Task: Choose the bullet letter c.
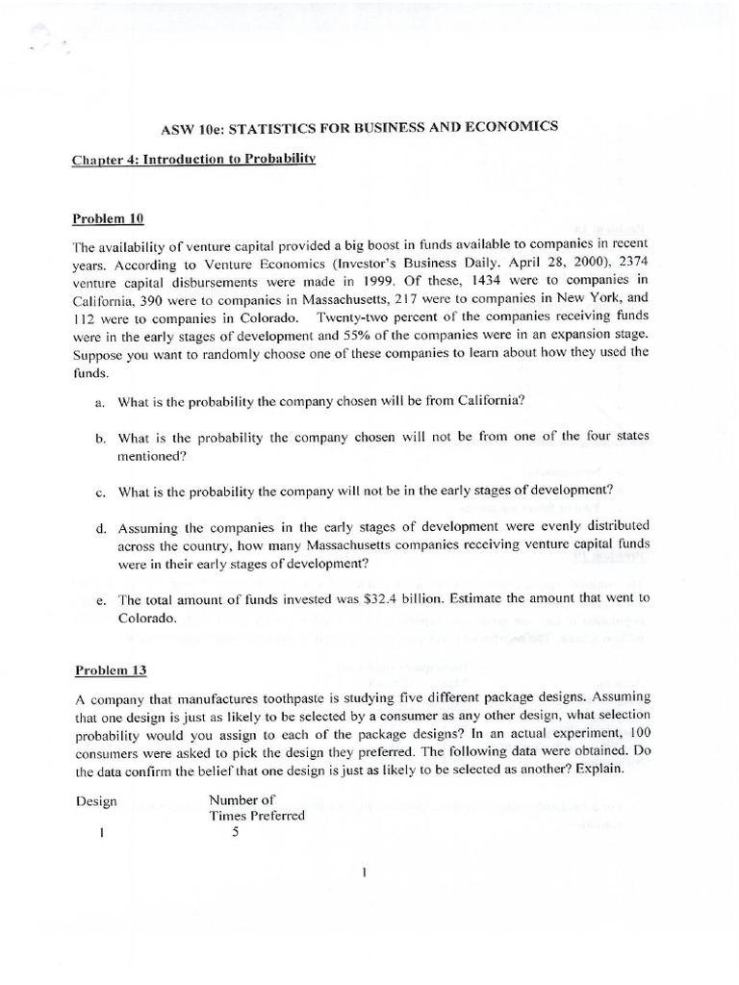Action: pyautogui.click(x=100, y=492)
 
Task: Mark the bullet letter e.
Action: pyautogui.click(x=100, y=599)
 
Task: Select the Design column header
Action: pyautogui.click(x=95, y=799)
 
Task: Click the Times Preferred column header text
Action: pyautogui.click(x=256, y=816)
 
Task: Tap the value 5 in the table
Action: pyautogui.click(x=235, y=833)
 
